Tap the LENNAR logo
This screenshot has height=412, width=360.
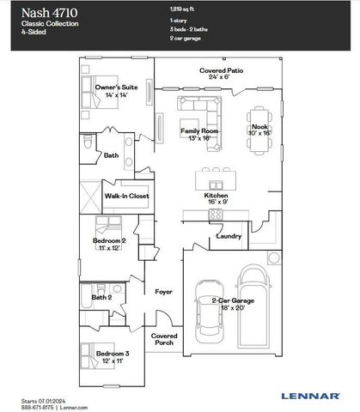coord(308,397)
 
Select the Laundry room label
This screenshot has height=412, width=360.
coord(228,235)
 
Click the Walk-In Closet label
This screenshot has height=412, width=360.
coord(127,196)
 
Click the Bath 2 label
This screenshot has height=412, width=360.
coord(102,296)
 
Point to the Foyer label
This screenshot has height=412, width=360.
coord(163,292)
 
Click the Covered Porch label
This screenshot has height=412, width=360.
coord(164,339)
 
